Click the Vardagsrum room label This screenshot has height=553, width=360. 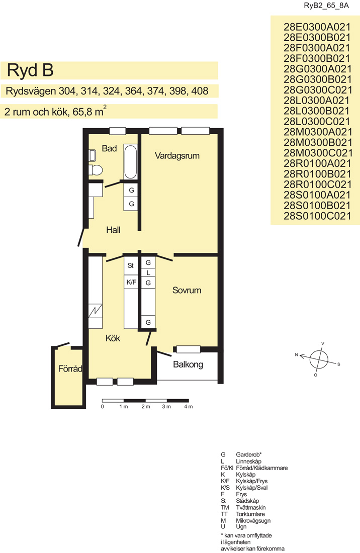click(x=177, y=156)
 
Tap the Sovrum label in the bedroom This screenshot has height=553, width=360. click(x=187, y=290)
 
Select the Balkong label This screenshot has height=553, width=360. click(x=188, y=364)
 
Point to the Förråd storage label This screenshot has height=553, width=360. click(x=70, y=369)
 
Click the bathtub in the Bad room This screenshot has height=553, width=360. click(x=130, y=161)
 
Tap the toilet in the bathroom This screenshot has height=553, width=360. click(x=96, y=170)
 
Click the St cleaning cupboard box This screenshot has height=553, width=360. click(x=130, y=265)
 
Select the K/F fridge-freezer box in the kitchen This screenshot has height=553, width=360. click(x=131, y=282)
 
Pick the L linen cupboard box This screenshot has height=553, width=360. click(x=148, y=272)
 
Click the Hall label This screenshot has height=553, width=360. click(x=113, y=230)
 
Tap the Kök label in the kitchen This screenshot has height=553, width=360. click(x=113, y=338)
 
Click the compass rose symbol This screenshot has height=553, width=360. click(x=318, y=359)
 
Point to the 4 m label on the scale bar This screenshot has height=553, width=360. click(x=189, y=407)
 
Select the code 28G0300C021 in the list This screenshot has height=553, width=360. click(x=317, y=90)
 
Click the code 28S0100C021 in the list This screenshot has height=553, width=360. click(x=317, y=216)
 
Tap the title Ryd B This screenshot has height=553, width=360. click(x=30, y=70)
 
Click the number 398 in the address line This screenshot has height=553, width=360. click(x=178, y=91)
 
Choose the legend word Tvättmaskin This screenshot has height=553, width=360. click(x=251, y=508)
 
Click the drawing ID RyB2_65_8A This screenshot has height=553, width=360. click(x=326, y=6)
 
